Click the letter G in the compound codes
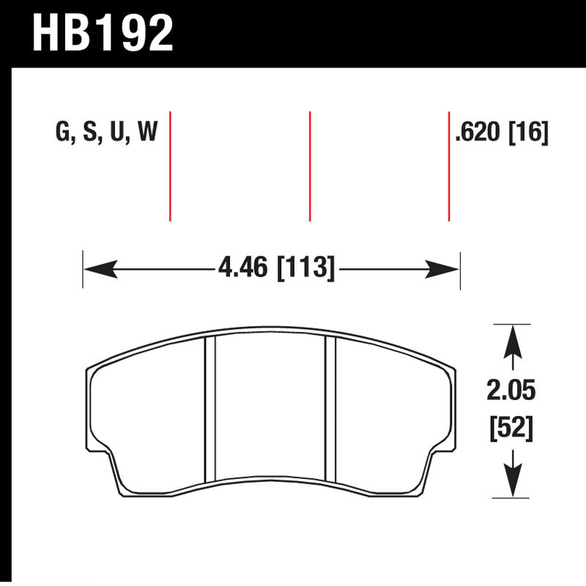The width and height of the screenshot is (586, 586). click(62, 133)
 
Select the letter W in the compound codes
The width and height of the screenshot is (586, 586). click(147, 133)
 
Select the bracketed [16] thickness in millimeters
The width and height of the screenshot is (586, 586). click(529, 133)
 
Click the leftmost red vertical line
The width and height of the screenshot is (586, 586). click(170, 166)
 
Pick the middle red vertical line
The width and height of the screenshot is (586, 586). click(310, 166)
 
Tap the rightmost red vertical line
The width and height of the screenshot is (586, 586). click(448, 166)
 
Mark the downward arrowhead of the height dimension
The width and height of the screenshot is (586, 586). click(513, 483)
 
